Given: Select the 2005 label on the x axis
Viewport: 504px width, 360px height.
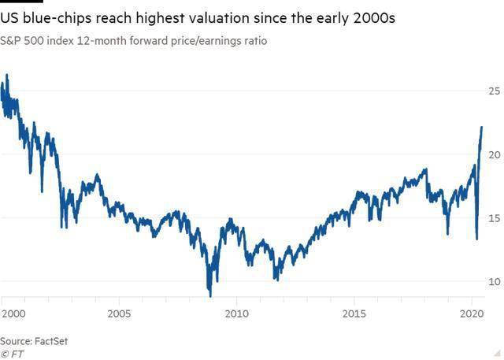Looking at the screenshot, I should coord(119,314).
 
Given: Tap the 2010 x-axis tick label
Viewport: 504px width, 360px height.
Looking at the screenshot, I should coord(236,314).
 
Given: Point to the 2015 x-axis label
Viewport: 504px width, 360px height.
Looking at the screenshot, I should coord(354,314).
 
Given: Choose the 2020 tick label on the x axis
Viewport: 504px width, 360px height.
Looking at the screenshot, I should coord(472,314).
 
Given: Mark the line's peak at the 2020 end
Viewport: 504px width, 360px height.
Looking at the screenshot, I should coord(482,126).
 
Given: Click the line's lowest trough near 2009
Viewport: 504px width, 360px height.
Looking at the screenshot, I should coord(209,296).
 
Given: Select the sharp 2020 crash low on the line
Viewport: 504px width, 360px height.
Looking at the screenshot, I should coord(476,239).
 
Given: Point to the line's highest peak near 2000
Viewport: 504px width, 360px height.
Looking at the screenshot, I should coord(6,75).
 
